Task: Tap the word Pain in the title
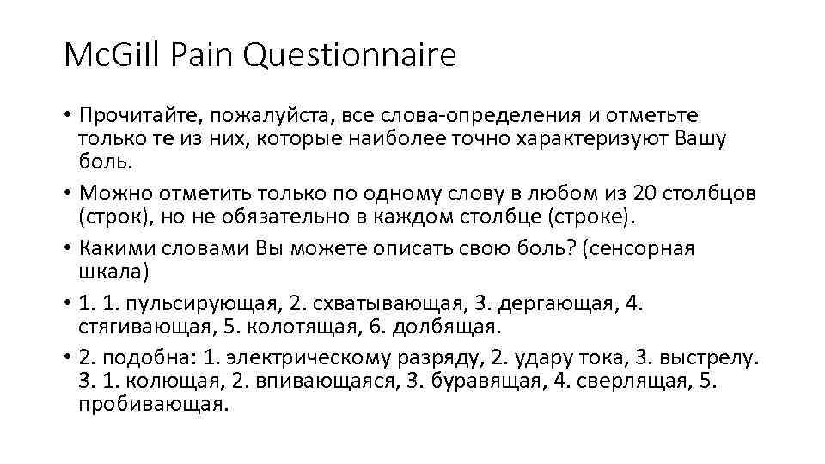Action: point(205,57)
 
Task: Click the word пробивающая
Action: point(153,404)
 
